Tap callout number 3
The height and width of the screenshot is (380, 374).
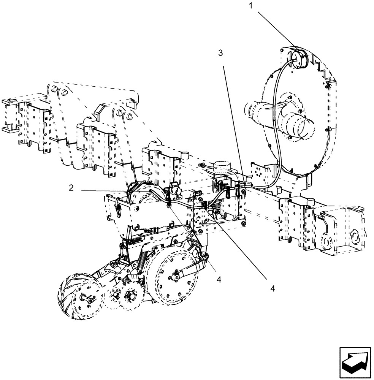pos(220,54)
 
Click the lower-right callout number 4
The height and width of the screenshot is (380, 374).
pos(273,288)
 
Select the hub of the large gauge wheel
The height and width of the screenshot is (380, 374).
pos(175,277)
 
